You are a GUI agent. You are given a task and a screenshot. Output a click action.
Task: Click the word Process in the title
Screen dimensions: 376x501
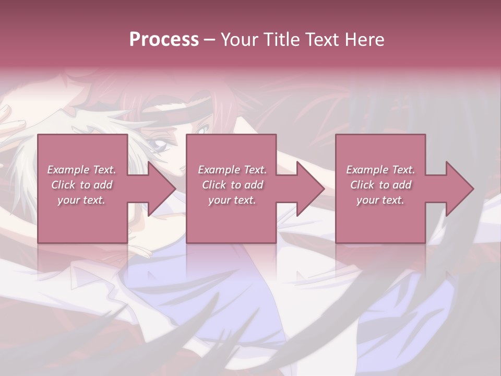(164, 40)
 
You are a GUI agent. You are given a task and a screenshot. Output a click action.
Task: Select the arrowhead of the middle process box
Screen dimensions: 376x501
(309, 189)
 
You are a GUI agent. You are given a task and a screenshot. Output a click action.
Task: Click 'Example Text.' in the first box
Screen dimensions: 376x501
(81, 170)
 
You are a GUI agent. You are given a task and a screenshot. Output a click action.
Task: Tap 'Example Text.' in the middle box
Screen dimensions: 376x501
(232, 170)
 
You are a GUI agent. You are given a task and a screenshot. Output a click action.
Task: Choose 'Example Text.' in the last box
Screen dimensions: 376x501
(380, 170)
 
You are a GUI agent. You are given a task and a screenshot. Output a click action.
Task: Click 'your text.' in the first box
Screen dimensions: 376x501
(81, 200)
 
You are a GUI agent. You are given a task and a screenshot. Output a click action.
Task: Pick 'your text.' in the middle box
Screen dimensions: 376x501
(232, 200)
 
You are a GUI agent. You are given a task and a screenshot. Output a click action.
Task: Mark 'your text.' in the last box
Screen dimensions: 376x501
(380, 200)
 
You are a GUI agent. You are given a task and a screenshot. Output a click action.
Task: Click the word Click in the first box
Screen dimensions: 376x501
(64, 185)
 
